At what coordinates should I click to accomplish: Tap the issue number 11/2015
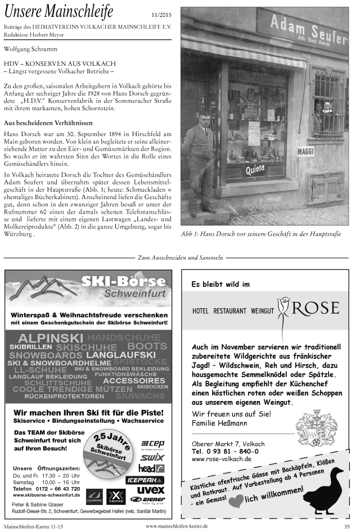(161, 15)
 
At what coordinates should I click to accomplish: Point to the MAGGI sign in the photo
(305, 151)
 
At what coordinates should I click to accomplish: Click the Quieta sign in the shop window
(254, 169)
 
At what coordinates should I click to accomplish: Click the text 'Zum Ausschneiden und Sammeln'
(181, 258)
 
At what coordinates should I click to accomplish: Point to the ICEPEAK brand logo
(145, 480)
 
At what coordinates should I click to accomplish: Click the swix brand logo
(152, 457)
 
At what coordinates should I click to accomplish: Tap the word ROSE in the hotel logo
(315, 308)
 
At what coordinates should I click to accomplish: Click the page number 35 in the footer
(347, 526)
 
